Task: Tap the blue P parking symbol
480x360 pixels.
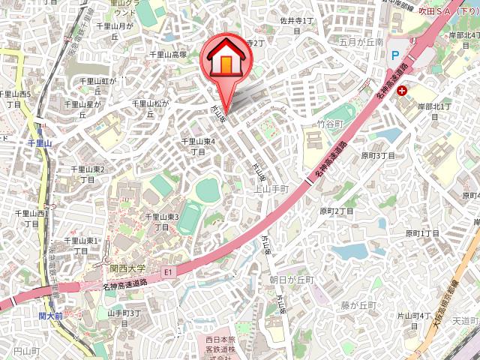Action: pyautogui.click(x=394, y=55)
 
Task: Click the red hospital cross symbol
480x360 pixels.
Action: pyautogui.click(x=403, y=91)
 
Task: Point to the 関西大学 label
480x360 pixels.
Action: pyautogui.click(x=128, y=267)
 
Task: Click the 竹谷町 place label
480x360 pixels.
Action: pyautogui.click(x=329, y=122)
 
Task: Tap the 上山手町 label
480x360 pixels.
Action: pyautogui.click(x=272, y=189)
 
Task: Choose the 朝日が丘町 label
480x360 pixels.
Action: pyautogui.click(x=292, y=279)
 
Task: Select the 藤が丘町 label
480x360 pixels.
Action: pyautogui.click(x=356, y=305)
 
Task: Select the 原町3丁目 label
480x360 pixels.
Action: pyautogui.click(x=378, y=155)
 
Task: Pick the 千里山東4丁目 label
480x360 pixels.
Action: pyautogui.click(x=199, y=146)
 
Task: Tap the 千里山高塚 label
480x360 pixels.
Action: pyautogui.click(x=168, y=55)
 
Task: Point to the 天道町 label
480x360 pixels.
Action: pyautogui.click(x=465, y=321)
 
